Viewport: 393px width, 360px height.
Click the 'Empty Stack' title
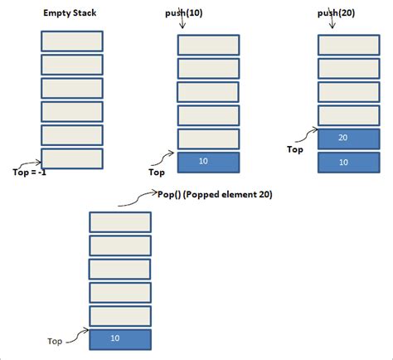point(69,13)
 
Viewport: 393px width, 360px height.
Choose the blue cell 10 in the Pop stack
point(120,339)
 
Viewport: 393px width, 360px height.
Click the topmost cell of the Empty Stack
point(71,41)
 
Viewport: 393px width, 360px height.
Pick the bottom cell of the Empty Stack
point(71,158)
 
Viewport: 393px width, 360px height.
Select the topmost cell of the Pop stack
point(120,221)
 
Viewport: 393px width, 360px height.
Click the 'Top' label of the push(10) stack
point(156,173)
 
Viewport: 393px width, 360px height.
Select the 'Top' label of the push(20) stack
point(295,150)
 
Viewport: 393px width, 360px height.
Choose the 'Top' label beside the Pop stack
point(56,340)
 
